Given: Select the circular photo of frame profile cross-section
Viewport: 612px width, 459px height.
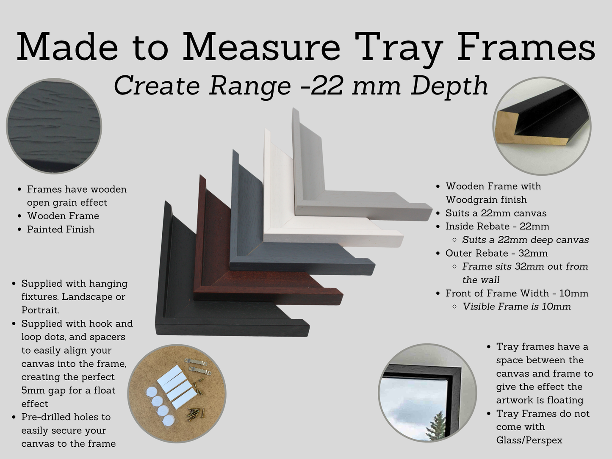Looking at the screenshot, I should pyautogui.click(x=542, y=126).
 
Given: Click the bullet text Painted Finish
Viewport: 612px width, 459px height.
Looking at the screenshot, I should pyautogui.click(x=61, y=229).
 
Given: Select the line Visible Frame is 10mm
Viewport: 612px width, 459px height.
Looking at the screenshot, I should pyautogui.click(x=517, y=307).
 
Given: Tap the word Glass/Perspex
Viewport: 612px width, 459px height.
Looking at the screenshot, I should pyautogui.click(x=529, y=440).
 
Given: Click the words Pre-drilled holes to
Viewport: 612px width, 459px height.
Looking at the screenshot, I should pyautogui.click(x=66, y=417).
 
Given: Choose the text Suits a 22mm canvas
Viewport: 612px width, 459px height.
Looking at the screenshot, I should pyautogui.click(x=496, y=213).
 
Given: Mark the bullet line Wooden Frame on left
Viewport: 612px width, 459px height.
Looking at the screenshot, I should pyautogui.click(x=63, y=216).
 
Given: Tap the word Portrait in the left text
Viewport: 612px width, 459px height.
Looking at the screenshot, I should pyautogui.click(x=40, y=310).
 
